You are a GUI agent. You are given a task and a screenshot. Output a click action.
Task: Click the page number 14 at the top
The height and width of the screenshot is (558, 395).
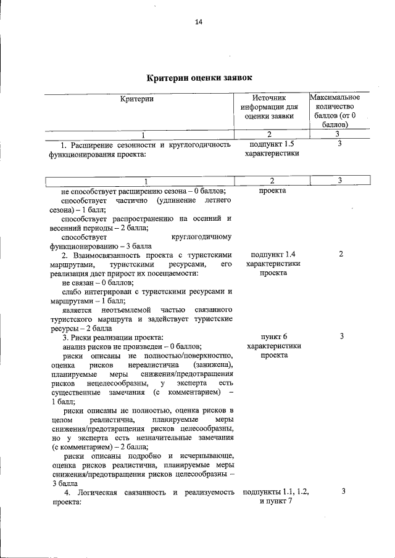click(x=199, y=22)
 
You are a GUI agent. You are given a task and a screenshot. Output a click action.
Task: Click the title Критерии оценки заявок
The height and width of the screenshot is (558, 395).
click(x=199, y=78)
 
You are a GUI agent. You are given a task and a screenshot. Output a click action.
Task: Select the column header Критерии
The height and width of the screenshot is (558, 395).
click(x=137, y=99)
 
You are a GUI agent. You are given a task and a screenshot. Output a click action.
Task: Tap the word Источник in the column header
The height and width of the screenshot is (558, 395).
click(x=269, y=98)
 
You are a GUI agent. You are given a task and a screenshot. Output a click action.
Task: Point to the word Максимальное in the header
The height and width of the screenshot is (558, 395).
click(x=336, y=97)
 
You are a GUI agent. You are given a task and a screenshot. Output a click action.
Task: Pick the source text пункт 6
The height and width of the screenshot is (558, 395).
click(x=273, y=337)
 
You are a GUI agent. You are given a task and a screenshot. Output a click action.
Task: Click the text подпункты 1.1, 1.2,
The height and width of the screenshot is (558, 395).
click(x=276, y=491)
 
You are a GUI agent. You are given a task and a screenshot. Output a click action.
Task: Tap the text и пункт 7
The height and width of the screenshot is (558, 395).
click(x=276, y=501)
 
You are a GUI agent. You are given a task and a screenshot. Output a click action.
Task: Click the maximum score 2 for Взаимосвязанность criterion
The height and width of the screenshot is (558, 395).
click(x=341, y=254)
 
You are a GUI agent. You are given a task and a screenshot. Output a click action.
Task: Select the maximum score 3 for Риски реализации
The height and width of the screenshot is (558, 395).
click(x=341, y=337)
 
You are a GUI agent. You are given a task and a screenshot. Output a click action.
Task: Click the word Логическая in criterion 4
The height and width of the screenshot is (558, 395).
click(x=93, y=492)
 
